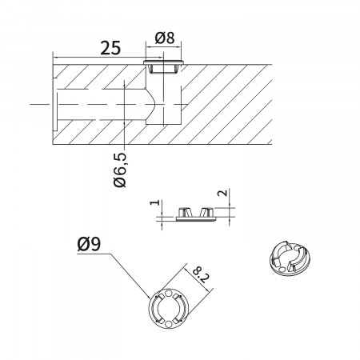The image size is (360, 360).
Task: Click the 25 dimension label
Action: click(x=110, y=48)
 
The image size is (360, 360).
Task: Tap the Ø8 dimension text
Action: click(x=165, y=38)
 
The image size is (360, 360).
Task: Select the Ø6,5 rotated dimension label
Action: click(x=119, y=170)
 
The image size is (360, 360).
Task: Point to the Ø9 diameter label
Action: click(x=89, y=244)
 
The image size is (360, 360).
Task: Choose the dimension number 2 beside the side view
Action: click(x=223, y=193)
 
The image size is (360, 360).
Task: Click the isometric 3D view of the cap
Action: click(x=290, y=258)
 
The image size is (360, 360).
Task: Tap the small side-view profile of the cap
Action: click(x=196, y=214)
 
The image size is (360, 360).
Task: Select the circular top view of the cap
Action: click(x=169, y=308)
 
